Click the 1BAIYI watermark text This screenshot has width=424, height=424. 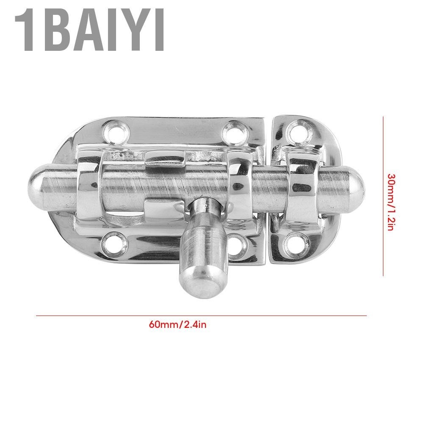(x=89, y=30)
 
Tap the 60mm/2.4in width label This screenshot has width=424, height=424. (x=177, y=324)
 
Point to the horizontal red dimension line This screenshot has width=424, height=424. (x=202, y=315)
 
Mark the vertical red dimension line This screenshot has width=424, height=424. (x=383, y=196)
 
